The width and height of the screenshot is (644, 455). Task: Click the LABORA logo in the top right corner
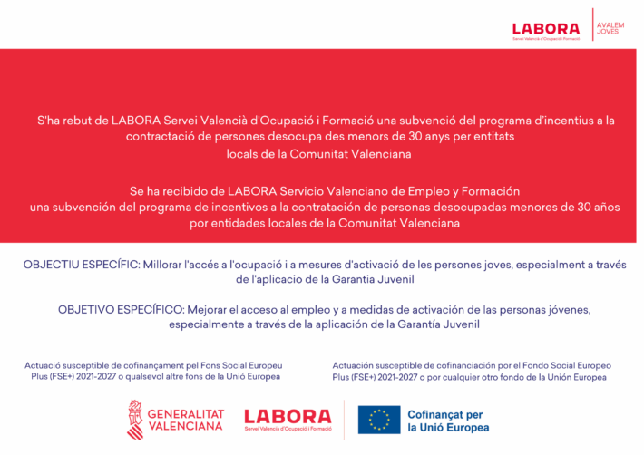(x=546, y=30)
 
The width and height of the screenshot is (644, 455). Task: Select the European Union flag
(x=379, y=420)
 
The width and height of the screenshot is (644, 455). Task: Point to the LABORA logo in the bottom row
(x=287, y=418)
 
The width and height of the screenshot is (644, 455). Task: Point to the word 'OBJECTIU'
(x=54, y=264)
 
